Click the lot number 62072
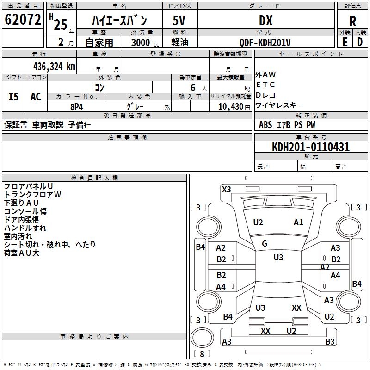point(23,19)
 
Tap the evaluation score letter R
point(353,21)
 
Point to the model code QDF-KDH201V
point(265,43)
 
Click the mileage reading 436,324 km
point(54,66)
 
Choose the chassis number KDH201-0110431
point(311,148)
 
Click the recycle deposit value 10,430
point(230,107)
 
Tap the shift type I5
point(14,97)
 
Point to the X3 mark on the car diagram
point(227,189)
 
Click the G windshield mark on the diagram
point(265,244)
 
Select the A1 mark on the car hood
point(298,222)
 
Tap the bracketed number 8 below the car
point(201,354)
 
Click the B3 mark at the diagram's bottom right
point(330,342)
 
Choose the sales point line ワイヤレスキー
point(279,105)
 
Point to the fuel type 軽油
point(179,43)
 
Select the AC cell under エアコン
point(36,97)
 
